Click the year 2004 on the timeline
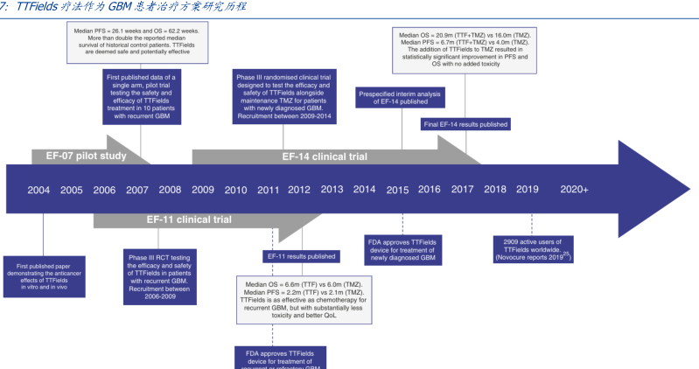pos(38,190)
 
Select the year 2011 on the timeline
pos(268,190)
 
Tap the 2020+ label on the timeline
pos(574,190)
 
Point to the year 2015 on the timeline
pos(397,190)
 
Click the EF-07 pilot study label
pos(80,157)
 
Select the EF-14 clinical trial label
pos(325,157)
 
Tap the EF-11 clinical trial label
pos(188,219)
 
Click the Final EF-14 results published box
pos(465,124)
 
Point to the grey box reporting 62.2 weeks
pos(139,44)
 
